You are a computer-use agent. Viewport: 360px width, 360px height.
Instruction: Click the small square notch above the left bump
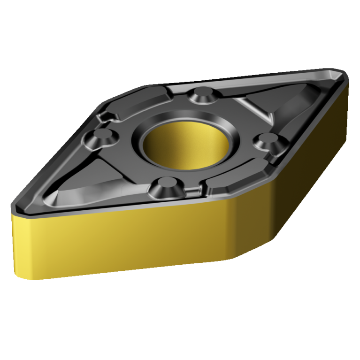105,116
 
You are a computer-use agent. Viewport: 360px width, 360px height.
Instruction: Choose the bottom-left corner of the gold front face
19,277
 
